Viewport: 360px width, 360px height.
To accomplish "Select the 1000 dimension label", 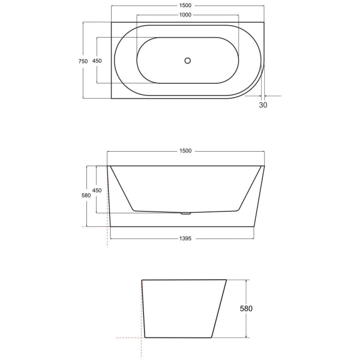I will click(x=185, y=15).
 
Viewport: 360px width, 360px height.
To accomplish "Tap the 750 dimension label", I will click(x=83, y=61).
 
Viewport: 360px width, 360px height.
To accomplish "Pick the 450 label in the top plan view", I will click(x=97, y=61).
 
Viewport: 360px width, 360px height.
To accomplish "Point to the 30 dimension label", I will click(x=263, y=105).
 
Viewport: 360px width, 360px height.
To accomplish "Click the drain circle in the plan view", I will click(x=188, y=61).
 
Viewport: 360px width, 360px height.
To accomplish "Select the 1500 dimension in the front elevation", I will click(x=185, y=151).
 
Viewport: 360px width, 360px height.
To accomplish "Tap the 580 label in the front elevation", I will click(x=86, y=195).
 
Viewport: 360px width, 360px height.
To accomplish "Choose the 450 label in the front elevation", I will click(x=97, y=190).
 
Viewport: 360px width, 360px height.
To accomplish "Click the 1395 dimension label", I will click(x=185, y=239).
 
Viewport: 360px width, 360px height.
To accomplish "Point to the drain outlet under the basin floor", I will click(x=185, y=213).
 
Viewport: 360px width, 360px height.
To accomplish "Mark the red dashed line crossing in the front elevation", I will click(x=107, y=226).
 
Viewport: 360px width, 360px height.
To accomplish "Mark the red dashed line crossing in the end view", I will click(x=141, y=338).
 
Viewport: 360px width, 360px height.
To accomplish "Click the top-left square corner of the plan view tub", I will click(x=112, y=22).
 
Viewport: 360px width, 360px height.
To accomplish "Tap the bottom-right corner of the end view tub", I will click(x=211, y=337).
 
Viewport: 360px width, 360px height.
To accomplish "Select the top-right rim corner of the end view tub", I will click(x=227, y=280).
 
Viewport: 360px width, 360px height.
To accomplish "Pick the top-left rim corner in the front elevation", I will click(x=107, y=166).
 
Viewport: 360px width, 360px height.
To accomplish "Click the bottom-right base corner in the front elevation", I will click(x=255, y=226).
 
